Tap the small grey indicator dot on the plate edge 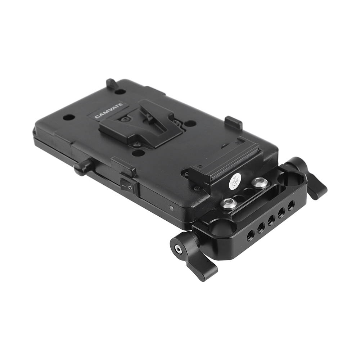[171, 208]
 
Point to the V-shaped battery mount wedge [139, 122]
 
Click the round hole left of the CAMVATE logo [69, 117]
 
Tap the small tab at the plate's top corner [111, 84]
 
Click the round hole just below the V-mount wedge [138, 153]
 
